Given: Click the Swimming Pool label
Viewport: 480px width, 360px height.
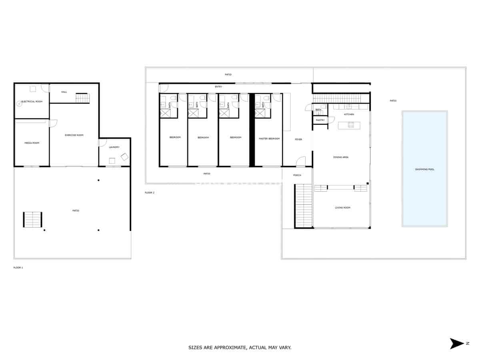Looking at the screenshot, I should click(x=425, y=170).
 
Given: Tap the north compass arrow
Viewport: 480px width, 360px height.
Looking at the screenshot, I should click(x=457, y=344).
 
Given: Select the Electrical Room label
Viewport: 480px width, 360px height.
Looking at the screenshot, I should click(x=32, y=102).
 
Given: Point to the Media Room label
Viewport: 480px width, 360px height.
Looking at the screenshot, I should click(x=32, y=143).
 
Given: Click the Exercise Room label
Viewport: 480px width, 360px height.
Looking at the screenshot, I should click(x=74, y=135).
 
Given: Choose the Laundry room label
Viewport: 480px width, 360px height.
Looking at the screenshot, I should click(x=114, y=147).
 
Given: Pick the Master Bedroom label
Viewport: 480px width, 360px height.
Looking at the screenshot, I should click(x=269, y=138).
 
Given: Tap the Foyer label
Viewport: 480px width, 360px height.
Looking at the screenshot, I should click(x=298, y=139).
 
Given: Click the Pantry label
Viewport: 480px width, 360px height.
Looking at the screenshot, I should click(x=320, y=120).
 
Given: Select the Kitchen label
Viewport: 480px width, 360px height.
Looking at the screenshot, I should click(x=349, y=114).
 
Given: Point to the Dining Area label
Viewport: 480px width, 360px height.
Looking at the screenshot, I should click(x=341, y=157).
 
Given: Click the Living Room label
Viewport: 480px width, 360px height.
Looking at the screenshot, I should click(x=342, y=208).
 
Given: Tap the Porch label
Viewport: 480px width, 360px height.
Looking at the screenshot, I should click(x=297, y=175).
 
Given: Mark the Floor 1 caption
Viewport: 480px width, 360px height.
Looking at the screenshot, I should click(x=18, y=267).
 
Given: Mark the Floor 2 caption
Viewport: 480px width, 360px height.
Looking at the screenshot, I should click(x=150, y=193).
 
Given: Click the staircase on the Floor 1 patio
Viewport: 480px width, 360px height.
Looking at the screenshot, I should click(x=32, y=220).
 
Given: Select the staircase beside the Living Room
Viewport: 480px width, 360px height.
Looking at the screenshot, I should click(x=304, y=206).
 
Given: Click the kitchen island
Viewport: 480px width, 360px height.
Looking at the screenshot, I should click(x=349, y=125).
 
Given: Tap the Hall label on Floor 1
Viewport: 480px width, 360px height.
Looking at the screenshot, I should click(x=64, y=92).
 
